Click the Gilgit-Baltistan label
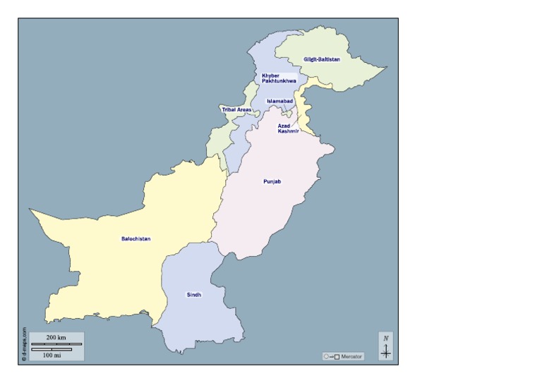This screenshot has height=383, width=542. click(321, 59)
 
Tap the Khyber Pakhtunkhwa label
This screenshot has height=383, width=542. click(279, 79)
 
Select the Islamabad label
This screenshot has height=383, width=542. click(279, 102)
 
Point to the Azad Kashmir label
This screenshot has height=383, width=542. click(288, 128)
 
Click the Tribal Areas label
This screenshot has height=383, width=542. click(236, 110)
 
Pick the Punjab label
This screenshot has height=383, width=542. click(272, 182)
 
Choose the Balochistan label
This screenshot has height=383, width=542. click(135, 239)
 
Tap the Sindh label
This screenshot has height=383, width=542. click(193, 295)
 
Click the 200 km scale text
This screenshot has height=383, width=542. click(56, 338)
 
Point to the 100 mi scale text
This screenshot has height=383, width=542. click(52, 355)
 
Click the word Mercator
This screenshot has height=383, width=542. click(351, 357)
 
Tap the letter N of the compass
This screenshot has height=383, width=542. click(386, 339)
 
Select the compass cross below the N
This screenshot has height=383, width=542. click(386, 351)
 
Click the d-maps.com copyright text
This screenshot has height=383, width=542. click(24, 344)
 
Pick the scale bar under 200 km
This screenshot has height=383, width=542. click(56, 344)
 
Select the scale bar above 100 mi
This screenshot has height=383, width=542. click(52, 349)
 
